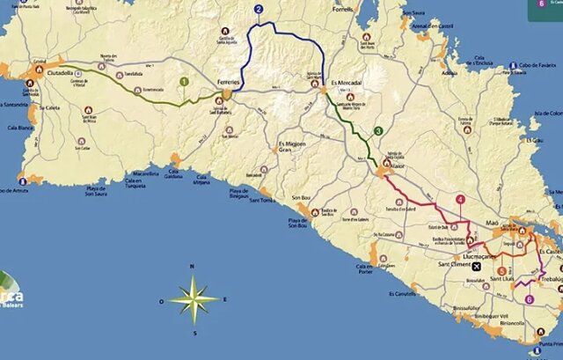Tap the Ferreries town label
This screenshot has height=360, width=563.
pos(228,81)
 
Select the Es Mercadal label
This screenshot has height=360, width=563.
pos(347,84)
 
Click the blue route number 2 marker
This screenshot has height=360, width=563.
pos(259,11)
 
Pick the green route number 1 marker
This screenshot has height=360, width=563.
pos(183,82)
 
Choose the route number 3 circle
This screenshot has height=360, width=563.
pos(378,131)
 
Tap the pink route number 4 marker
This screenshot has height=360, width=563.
pos(460,199)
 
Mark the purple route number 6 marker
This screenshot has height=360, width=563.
pos(529,298)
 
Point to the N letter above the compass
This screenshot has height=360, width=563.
pos(193,266)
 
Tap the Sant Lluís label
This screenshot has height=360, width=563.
pos(501,279)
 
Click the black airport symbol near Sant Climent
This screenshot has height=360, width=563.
pos(477,265)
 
